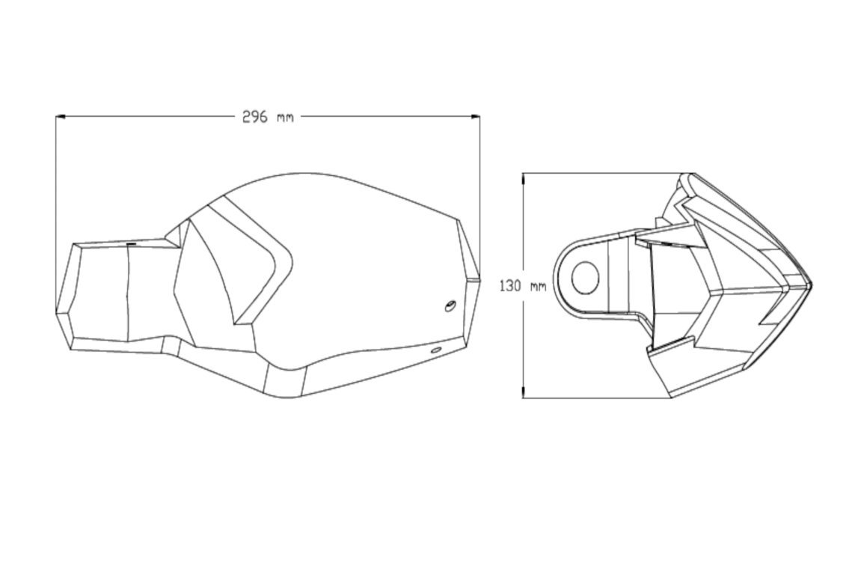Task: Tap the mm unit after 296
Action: click(x=285, y=118)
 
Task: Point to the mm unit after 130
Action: click(x=538, y=286)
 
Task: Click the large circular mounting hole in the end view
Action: click(x=585, y=278)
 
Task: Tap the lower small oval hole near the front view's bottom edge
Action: click(x=435, y=350)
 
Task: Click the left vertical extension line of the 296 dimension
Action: click(x=57, y=210)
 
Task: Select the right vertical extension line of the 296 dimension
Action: click(x=479, y=195)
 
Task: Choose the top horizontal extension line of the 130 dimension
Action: click(x=598, y=174)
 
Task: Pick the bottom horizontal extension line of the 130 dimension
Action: click(x=598, y=398)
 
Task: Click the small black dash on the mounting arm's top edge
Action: click(x=131, y=243)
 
